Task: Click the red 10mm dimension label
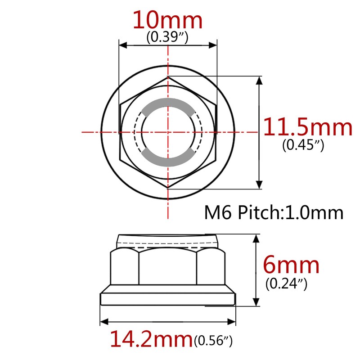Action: click(167, 20)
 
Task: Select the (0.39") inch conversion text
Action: click(167, 37)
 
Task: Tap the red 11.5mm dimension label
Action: click(307, 127)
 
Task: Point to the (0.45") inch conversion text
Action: click(303, 144)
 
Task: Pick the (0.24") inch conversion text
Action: click(286, 284)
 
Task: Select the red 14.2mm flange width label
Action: click(151, 339)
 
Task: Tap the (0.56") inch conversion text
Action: click(213, 341)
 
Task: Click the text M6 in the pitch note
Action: click(218, 212)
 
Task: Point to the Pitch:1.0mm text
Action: click(290, 212)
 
